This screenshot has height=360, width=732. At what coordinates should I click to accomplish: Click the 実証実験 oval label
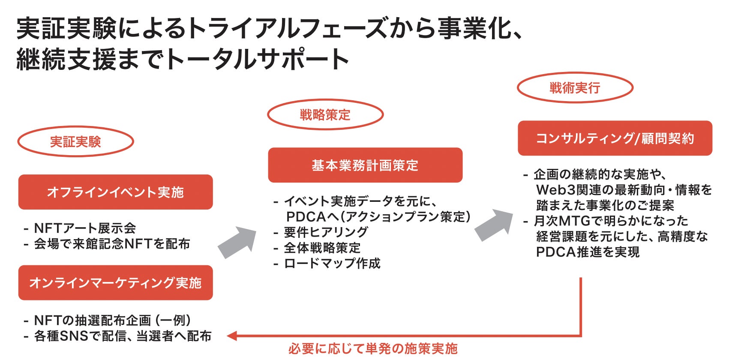coord(75,141)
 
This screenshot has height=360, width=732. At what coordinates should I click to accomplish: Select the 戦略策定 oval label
coord(325,114)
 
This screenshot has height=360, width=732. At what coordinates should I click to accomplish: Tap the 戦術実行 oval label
coord(575,88)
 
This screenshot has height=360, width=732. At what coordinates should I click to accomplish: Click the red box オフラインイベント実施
coord(115,192)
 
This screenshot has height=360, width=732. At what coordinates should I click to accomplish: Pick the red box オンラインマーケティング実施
coord(115,283)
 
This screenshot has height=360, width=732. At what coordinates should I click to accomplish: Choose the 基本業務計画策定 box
coord(365,165)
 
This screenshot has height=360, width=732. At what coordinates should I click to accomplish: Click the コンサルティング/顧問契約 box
coord(615,138)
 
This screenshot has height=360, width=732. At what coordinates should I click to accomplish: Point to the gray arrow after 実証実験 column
coord(238,242)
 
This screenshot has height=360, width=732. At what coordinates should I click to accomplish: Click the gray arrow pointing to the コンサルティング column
coord(494,224)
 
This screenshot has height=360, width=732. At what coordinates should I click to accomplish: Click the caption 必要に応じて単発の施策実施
coord(373,349)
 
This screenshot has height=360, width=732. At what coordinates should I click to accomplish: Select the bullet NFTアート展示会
coord(85,228)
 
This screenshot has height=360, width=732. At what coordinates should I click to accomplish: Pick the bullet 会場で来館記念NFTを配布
coord(112,244)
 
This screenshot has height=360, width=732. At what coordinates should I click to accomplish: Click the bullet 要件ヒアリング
coord(326,232)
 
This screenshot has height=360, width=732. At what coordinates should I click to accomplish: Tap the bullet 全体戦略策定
coord(322,248)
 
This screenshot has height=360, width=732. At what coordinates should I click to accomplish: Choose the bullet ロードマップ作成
coord(332,263)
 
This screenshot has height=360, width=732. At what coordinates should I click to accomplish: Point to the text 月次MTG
coord(562,221)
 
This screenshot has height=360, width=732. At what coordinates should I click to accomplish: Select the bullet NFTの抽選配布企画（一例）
coord(112,320)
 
